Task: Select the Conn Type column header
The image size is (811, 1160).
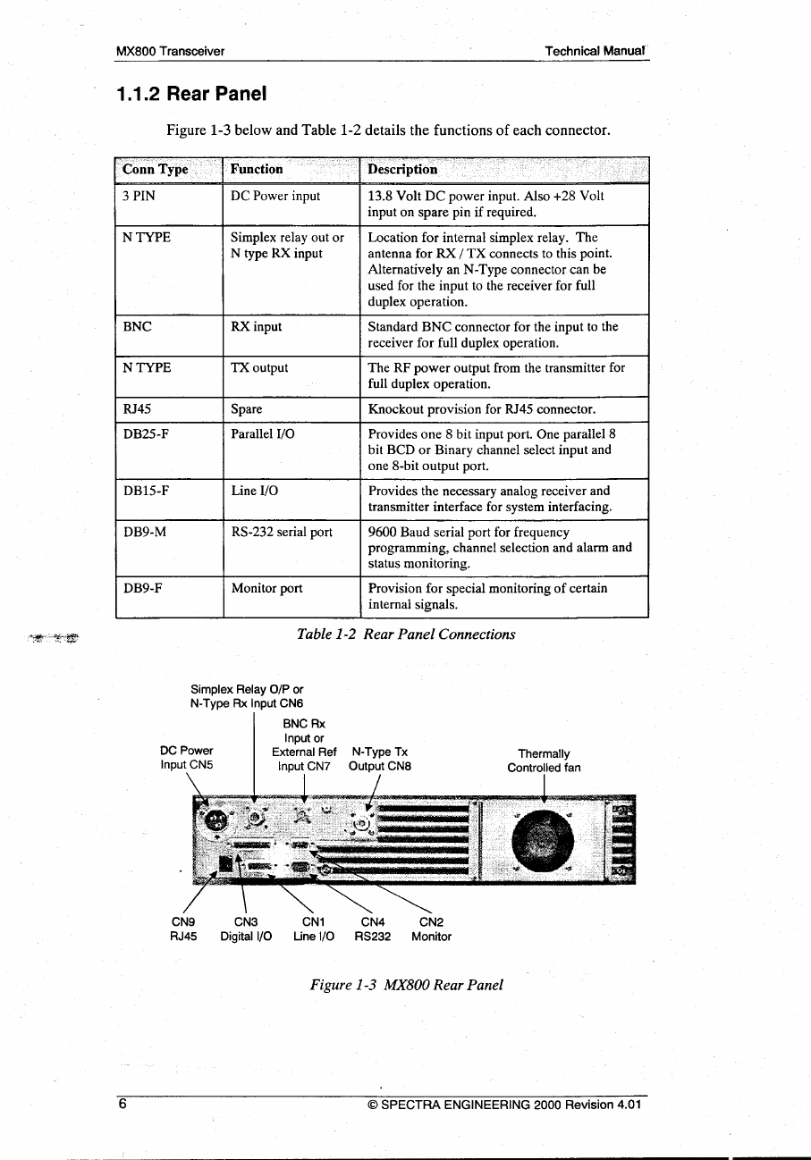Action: click(x=156, y=169)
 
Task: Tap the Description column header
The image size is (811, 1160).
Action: click(x=403, y=169)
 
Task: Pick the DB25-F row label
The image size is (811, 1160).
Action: click(x=146, y=433)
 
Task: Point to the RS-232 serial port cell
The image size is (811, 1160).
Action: click(x=282, y=532)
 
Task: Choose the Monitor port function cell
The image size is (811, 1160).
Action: click(x=266, y=588)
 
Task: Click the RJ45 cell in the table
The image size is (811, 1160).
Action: click(x=137, y=409)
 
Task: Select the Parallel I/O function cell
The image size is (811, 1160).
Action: click(x=263, y=433)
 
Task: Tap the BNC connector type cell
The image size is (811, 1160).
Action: click(x=137, y=326)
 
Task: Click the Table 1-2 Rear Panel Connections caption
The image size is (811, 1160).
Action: click(x=406, y=634)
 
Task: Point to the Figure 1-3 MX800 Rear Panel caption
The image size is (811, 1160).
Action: click(x=406, y=984)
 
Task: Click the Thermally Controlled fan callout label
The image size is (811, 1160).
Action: click(x=544, y=761)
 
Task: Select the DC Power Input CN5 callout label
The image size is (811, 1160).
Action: click(x=186, y=758)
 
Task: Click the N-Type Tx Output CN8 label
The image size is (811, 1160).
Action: click(x=380, y=760)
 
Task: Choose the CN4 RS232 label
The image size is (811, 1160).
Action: click(x=372, y=929)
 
